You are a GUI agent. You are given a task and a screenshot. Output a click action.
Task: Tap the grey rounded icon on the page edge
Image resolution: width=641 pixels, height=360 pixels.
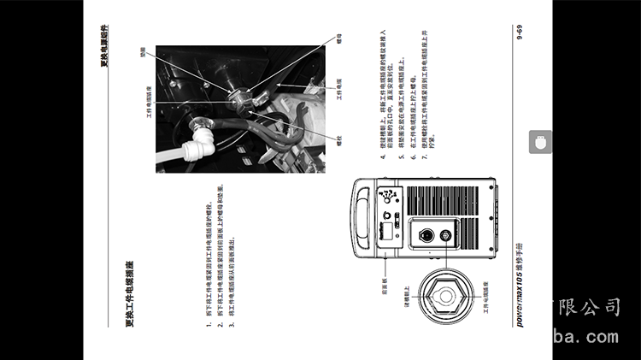[x=540, y=143]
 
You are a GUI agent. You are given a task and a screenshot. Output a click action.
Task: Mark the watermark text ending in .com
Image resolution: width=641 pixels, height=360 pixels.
[x=585, y=336]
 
